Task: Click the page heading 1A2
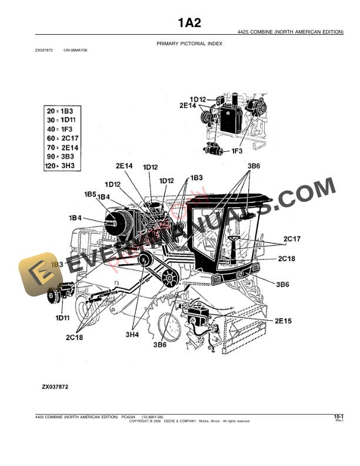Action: point(190,24)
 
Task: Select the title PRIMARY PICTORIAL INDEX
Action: point(189,44)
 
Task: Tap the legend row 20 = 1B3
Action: point(59,111)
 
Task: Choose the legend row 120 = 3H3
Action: point(63,167)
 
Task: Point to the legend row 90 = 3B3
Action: point(61,157)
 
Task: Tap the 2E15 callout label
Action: point(283,321)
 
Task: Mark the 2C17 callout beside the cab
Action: point(292,238)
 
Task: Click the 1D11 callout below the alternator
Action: point(63,318)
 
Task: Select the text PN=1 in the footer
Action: point(339,421)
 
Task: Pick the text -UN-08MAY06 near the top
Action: point(75,51)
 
